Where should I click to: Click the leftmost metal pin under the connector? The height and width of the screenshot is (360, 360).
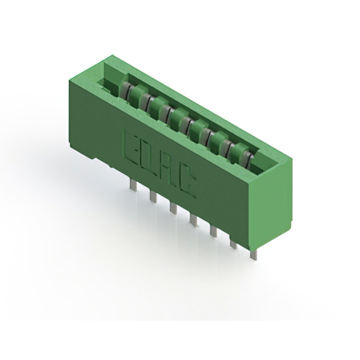[x=133, y=184]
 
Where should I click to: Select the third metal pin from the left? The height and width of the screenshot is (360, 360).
[x=173, y=207]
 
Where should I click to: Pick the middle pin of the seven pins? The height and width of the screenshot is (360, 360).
[x=193, y=219]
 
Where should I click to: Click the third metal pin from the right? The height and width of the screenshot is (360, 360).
[x=214, y=231]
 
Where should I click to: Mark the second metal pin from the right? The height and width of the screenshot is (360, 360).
[x=233, y=244]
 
